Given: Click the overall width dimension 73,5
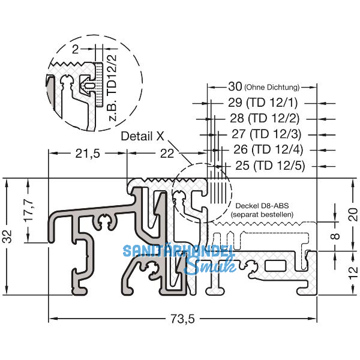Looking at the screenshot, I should point(182,319).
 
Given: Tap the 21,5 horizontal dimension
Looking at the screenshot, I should point(88,154).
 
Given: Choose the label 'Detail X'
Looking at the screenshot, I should point(142,136).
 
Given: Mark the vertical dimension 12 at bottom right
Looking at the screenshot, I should point(337,271).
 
